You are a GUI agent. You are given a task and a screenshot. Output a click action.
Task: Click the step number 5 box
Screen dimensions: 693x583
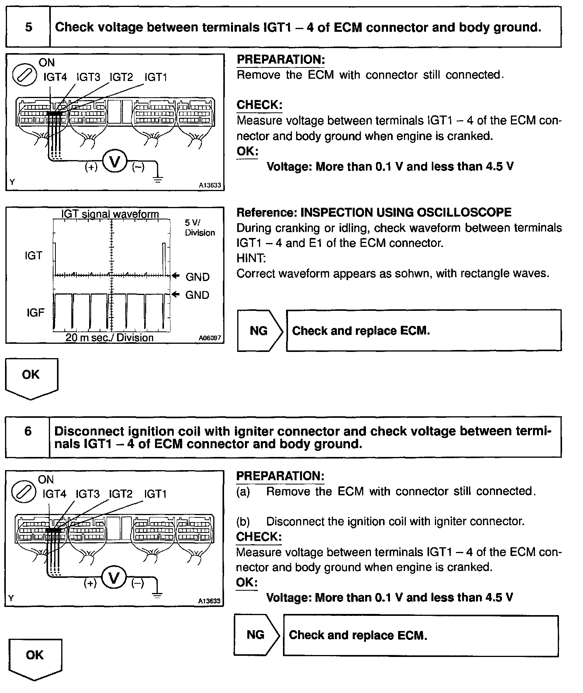tap(28, 27)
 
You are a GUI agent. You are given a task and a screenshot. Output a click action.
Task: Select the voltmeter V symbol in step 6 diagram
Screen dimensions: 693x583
tap(114, 578)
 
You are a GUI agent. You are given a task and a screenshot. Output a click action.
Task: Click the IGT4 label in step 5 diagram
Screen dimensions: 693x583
tap(55, 78)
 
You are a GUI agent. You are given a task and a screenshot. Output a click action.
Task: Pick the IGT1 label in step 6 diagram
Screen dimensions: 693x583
tap(155, 494)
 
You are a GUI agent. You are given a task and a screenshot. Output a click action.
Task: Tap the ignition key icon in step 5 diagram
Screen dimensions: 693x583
tap(24, 75)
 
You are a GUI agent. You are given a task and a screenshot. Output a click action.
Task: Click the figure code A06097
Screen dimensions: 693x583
tap(210, 338)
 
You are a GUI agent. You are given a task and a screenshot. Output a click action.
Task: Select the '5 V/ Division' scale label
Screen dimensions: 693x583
tap(200, 228)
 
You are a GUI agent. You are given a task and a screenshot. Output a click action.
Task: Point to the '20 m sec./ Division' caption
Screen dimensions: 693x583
tap(109, 338)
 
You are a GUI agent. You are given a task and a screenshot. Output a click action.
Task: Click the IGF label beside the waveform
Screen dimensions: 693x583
tap(35, 313)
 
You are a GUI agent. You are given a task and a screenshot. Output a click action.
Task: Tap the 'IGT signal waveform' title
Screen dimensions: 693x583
tap(110, 214)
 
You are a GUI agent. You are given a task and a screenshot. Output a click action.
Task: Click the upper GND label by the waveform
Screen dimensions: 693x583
tap(197, 277)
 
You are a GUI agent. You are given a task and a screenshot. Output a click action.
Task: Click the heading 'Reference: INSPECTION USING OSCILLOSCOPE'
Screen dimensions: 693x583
tap(374, 212)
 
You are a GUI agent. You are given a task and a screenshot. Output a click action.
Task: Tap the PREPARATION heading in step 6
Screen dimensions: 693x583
tap(280, 476)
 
